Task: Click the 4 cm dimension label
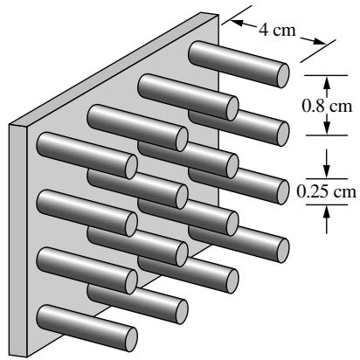click(x=277, y=30)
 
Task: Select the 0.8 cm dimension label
click(x=327, y=106)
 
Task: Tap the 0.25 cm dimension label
click(x=326, y=191)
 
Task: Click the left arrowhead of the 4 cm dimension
click(x=237, y=23)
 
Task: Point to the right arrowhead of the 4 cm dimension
click(x=320, y=42)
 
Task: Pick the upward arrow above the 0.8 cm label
click(x=327, y=87)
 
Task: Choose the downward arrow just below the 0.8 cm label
click(x=327, y=124)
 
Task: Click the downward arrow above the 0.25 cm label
click(x=327, y=163)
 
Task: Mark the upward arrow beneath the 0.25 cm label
click(x=327, y=219)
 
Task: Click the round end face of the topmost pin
click(x=283, y=76)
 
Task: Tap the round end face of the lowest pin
click(x=131, y=340)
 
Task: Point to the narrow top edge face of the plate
click(x=114, y=68)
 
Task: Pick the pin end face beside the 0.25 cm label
click(x=283, y=192)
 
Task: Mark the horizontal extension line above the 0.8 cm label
click(x=326, y=75)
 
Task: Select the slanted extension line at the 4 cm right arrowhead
click(x=318, y=51)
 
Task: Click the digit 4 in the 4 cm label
click(x=263, y=30)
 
